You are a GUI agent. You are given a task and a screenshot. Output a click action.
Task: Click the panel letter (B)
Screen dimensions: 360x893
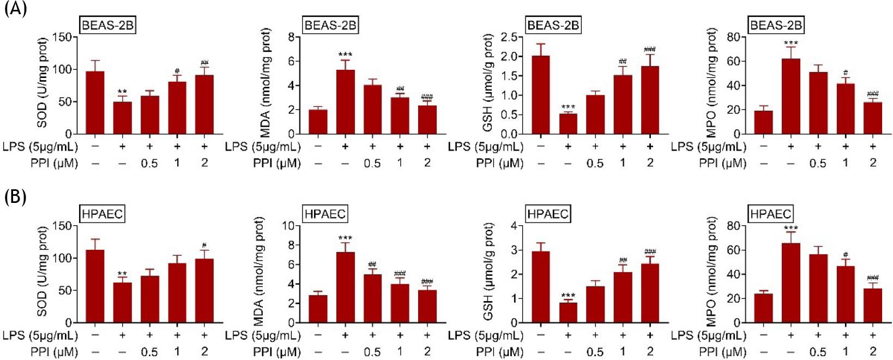[15, 197]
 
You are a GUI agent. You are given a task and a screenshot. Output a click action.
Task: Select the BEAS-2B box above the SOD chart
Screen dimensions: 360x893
[107, 25]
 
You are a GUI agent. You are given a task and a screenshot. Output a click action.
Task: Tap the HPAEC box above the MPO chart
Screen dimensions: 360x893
[770, 214]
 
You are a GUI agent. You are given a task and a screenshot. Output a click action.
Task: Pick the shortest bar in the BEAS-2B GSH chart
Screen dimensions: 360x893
[568, 124]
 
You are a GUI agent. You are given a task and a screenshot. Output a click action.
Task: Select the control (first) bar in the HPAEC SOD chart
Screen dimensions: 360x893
[95, 286]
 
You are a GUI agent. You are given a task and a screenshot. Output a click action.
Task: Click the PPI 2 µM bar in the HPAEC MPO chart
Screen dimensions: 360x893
[873, 305]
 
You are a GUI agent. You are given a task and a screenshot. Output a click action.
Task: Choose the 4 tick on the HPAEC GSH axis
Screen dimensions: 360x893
[512, 226]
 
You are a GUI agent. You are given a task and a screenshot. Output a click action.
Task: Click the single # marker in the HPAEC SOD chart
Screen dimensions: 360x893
[204, 245]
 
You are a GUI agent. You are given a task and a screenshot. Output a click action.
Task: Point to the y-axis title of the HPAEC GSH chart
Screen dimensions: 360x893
[488, 273]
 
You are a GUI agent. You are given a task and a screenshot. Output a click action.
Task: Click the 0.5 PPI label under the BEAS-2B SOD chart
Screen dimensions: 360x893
[149, 163]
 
